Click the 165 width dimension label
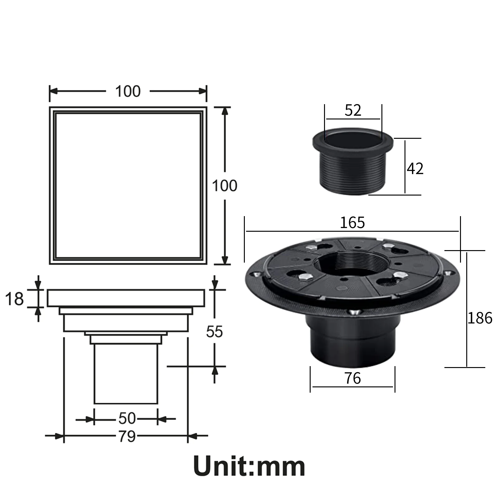(x=352, y=223)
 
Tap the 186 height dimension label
(x=480, y=318)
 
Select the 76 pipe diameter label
(x=353, y=378)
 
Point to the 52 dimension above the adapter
(x=353, y=110)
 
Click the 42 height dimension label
(x=415, y=168)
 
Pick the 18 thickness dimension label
(x=14, y=299)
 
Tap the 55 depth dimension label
(x=215, y=332)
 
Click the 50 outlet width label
(x=127, y=419)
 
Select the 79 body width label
(x=127, y=437)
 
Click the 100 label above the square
(x=128, y=91)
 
